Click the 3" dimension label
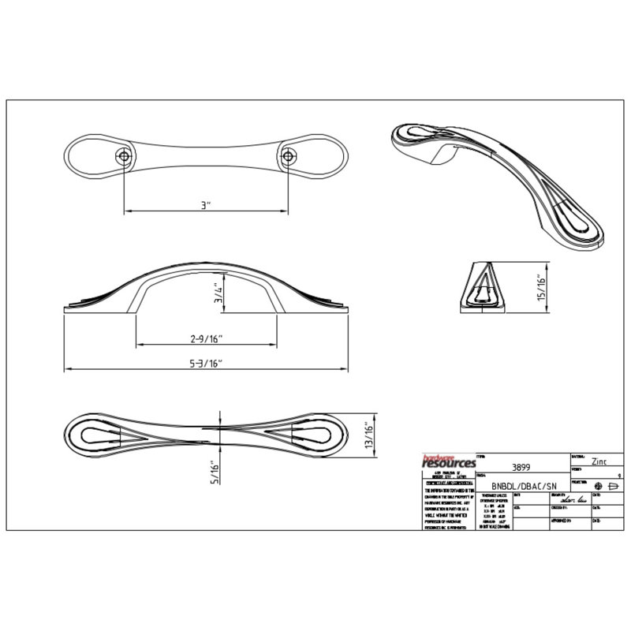[x=206, y=204]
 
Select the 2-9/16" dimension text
[x=207, y=338]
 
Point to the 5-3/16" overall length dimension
[x=207, y=363]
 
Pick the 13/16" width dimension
[x=368, y=435]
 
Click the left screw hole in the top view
[x=124, y=156]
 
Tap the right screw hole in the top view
[x=289, y=156]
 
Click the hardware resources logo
[x=450, y=462]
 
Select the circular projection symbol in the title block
[x=599, y=484]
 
